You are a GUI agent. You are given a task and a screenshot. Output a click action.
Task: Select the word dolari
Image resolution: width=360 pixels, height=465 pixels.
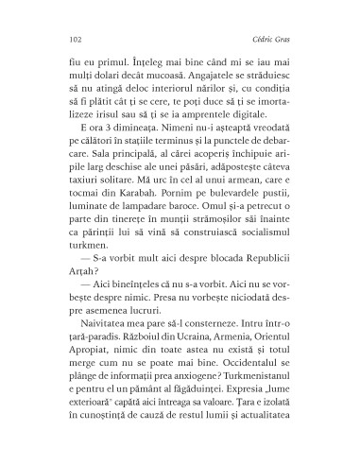click(x=112, y=75)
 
